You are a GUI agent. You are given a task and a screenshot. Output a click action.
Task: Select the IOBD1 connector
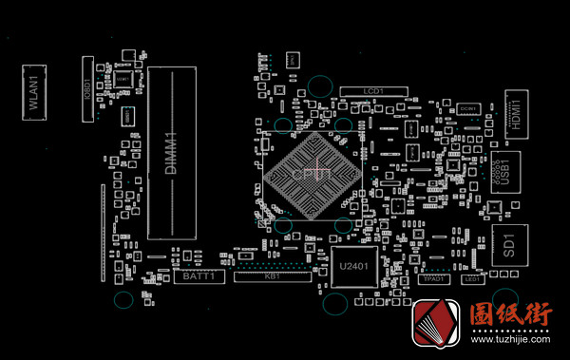pos(86,90)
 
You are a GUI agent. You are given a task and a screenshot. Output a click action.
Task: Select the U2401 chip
pos(352,269)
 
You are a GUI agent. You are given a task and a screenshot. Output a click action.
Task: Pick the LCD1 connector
pos(373,91)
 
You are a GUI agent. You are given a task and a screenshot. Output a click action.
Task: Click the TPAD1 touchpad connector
pos(435,279)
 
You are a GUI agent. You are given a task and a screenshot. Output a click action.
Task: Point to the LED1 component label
pos(472,279)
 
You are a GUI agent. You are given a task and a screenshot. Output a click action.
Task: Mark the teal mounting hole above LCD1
pos(322,85)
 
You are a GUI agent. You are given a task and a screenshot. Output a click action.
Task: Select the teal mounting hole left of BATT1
pos(123,300)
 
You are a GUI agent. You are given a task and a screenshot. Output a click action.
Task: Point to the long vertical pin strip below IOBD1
pos(102,233)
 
